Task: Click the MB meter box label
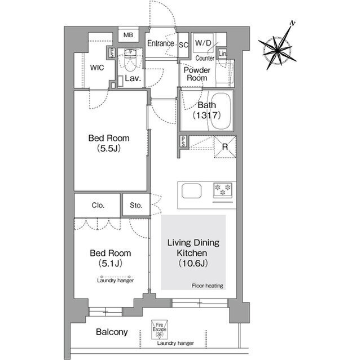pos(128,35)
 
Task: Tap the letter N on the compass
pos(292,23)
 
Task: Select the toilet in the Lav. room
pos(130,60)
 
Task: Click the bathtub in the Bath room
pos(221,111)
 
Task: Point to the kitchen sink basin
pos(192,191)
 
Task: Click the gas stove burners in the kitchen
pos(223,190)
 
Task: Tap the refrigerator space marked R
pos(225,147)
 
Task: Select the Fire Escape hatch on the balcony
pos(159,330)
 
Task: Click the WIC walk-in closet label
pos(97,68)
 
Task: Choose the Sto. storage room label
pos(136,205)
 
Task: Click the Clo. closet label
pos(98,205)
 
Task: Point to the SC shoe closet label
pos(183,45)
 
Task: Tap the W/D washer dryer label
pos(203,43)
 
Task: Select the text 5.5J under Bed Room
pos(109,148)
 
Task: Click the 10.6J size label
pos(193,263)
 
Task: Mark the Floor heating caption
pos(208,286)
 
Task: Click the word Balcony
pos(112,332)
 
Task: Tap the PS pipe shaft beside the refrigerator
pos(183,141)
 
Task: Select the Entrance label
pos(160,43)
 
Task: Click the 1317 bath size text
pos(206,115)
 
